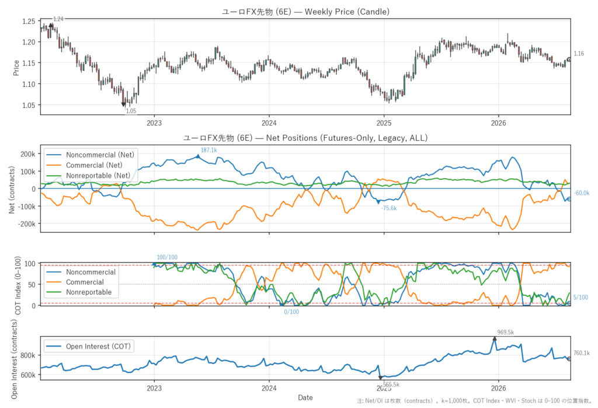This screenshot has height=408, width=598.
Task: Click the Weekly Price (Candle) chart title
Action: pyautogui.click(x=305, y=12)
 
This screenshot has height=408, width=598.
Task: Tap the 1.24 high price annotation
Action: pyautogui.click(x=58, y=19)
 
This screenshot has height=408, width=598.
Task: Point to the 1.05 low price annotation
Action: pyautogui.click(x=131, y=111)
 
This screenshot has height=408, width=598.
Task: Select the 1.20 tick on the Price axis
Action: pyautogui.click(x=29, y=42)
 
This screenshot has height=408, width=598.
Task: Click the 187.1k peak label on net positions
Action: pyautogui.click(x=208, y=150)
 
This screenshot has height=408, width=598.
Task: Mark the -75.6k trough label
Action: pyautogui.click(x=388, y=208)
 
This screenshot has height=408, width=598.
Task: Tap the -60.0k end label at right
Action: pyautogui.click(x=582, y=193)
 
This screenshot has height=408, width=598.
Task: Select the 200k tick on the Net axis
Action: pyautogui.click(x=28, y=154)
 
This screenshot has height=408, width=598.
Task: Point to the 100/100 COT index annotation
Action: pyautogui.click(x=167, y=257)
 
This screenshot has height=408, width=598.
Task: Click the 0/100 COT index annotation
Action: pyautogui.click(x=291, y=312)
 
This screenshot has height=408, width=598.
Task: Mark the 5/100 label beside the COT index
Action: pyautogui.click(x=580, y=298)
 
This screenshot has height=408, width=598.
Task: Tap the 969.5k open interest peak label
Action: pyautogui.click(x=505, y=333)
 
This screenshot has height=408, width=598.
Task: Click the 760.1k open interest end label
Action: pyautogui.click(x=582, y=353)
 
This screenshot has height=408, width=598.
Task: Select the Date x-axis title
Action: pyautogui.click(x=305, y=397)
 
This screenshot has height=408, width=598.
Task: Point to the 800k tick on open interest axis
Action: pyautogui.click(x=28, y=355)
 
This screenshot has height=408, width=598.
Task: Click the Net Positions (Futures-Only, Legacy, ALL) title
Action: pyautogui.click(x=305, y=138)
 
